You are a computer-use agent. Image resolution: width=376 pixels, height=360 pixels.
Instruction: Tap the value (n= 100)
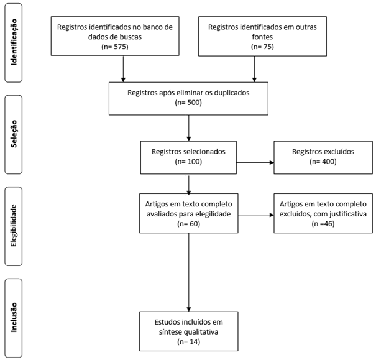(189, 162)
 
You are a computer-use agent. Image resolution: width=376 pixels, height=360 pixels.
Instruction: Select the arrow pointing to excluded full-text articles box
(254, 216)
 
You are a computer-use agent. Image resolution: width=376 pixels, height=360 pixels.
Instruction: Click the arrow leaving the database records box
(124, 68)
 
